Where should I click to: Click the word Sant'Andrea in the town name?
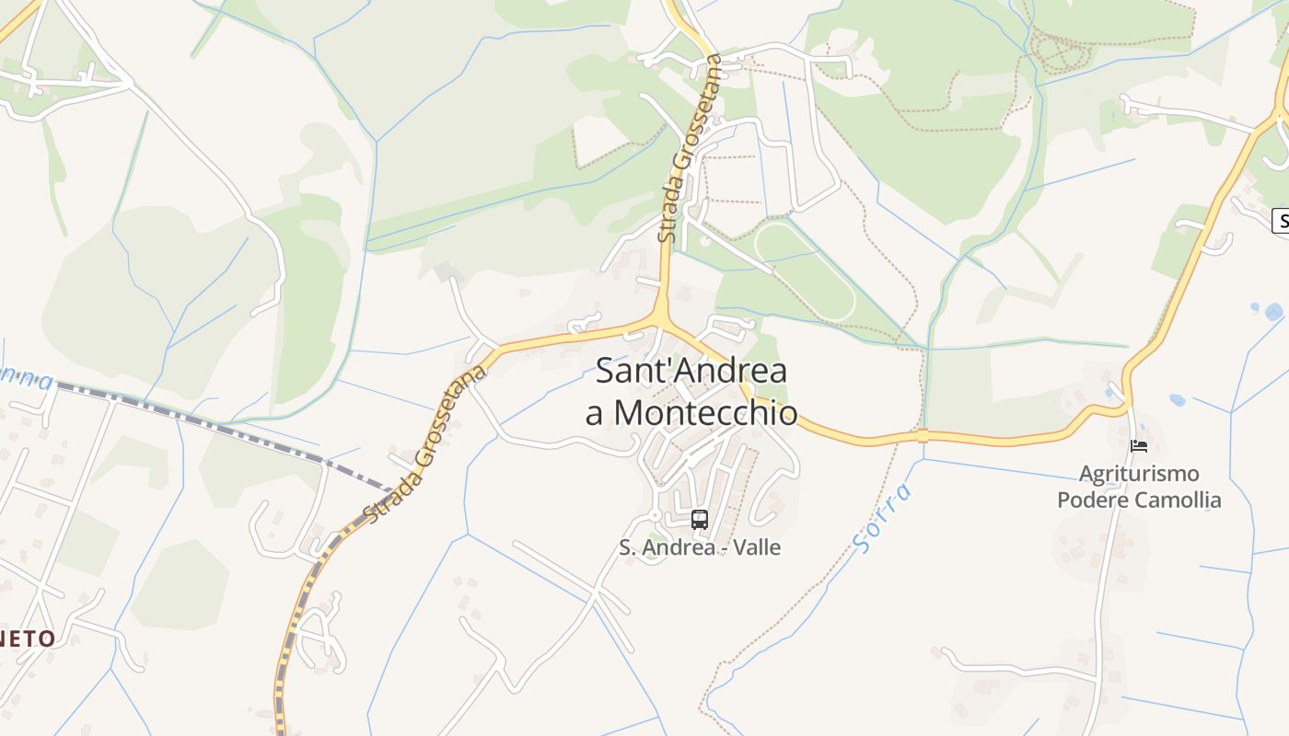[x=691, y=372]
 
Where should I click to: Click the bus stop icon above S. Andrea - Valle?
[x=699, y=520]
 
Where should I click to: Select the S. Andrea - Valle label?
[x=699, y=547]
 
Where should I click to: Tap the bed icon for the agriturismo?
[x=1139, y=446]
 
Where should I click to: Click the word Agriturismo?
[x=1139, y=474]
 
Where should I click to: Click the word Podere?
[x=1092, y=500]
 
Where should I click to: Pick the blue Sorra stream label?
[x=882, y=518]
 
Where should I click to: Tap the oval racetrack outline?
[x=805, y=270]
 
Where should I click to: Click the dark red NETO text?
[x=28, y=638]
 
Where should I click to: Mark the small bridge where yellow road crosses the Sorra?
[x=923, y=435]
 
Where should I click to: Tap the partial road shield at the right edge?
[x=1280, y=221]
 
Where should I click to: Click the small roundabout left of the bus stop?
[x=655, y=516]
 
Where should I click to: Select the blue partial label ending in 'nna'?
[x=26, y=375]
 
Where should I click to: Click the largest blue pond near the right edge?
[x=1273, y=312]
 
